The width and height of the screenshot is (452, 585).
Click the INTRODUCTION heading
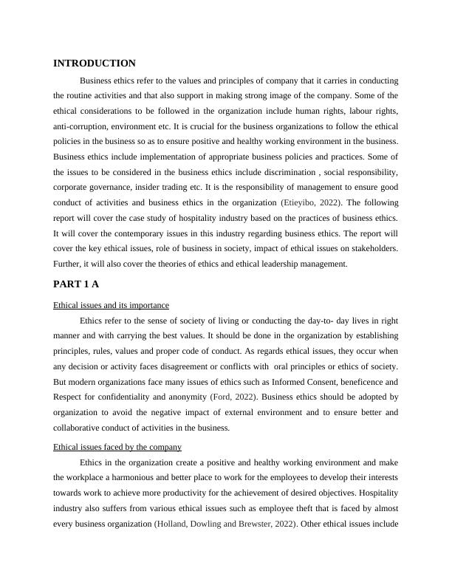(95, 64)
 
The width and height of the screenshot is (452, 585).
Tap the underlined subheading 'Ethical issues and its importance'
(112, 305)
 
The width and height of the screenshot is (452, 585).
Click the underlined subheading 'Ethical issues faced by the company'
(117, 447)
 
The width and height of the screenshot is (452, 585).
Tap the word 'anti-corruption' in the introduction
(81, 126)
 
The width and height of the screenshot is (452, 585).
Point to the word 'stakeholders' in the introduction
(372, 247)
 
